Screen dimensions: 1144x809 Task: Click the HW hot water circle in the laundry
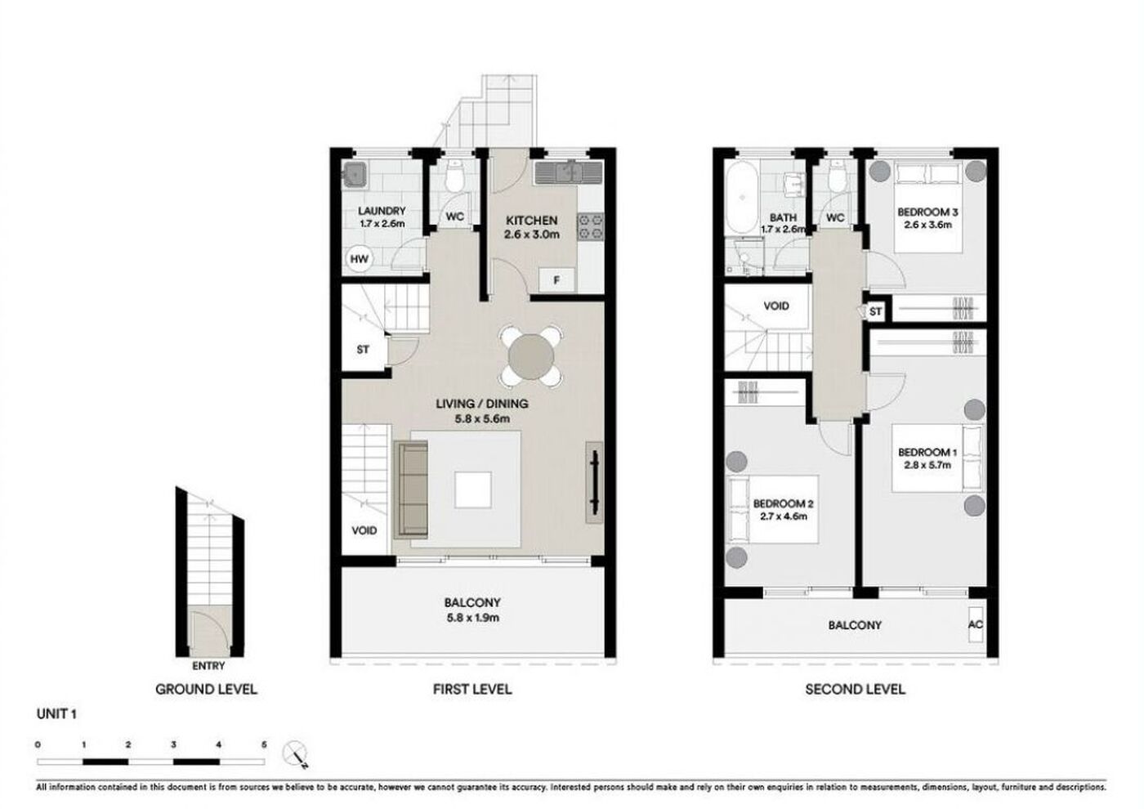click(x=359, y=259)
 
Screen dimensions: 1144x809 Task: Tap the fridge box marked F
click(x=556, y=279)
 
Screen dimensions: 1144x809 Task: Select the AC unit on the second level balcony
click(x=976, y=624)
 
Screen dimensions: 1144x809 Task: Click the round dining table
click(x=531, y=357)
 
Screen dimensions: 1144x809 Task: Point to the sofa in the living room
click(x=410, y=489)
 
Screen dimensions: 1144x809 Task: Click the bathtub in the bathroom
click(x=742, y=198)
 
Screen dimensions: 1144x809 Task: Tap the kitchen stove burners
click(x=590, y=227)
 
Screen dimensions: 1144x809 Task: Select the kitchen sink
click(x=569, y=172)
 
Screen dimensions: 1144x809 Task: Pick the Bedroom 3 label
click(x=927, y=212)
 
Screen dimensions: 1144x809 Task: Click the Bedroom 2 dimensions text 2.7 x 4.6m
click(x=783, y=516)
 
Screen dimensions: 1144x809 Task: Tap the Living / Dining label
click(x=481, y=404)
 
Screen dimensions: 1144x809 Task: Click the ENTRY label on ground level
click(x=208, y=666)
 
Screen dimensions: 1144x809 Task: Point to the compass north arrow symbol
click(x=296, y=754)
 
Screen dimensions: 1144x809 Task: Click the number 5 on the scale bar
click(x=264, y=744)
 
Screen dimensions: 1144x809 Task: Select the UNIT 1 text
click(x=56, y=714)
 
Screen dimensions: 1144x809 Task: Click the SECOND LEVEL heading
click(x=856, y=690)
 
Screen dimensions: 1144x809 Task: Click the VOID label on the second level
click(x=776, y=306)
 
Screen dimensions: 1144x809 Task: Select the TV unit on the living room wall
click(x=595, y=483)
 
